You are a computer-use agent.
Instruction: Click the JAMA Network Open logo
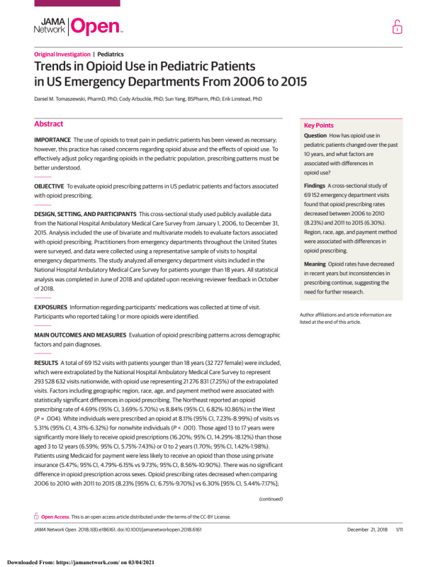pos(78,27)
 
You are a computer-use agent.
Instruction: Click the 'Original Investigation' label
pos(62,55)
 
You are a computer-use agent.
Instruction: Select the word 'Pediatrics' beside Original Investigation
pos(111,55)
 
